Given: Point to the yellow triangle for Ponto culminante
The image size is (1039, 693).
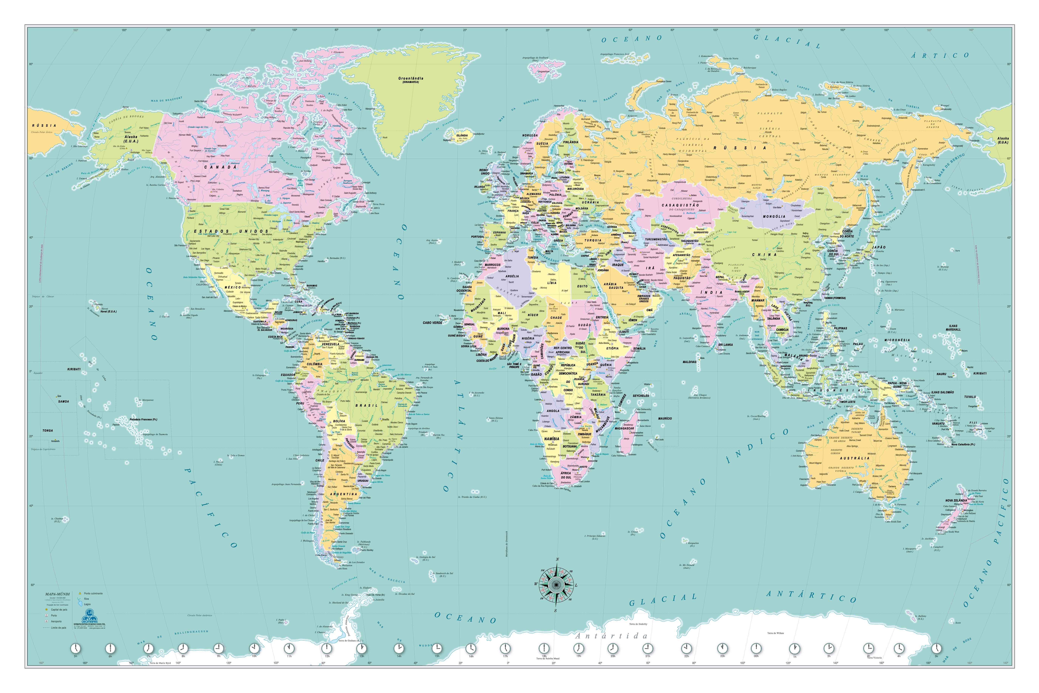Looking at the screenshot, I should click(80, 593).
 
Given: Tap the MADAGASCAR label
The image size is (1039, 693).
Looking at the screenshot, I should click(624, 428).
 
